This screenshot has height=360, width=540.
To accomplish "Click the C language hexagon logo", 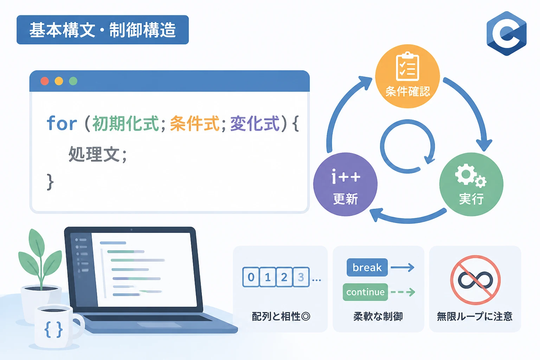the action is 507,33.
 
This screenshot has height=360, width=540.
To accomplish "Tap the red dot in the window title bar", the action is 45,81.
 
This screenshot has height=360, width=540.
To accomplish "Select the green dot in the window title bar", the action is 73,81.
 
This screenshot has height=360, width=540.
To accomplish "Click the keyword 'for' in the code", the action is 62,123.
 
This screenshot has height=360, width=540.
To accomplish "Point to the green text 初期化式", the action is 126,123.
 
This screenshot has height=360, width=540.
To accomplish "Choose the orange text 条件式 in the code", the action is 195,123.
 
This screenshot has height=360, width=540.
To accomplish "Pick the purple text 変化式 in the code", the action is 255,123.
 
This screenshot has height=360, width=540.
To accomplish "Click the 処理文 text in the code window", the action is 94,154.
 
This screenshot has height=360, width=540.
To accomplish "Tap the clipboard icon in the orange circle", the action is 407,66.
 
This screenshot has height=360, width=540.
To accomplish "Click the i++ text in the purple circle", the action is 346,176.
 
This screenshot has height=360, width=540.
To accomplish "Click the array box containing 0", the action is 251,277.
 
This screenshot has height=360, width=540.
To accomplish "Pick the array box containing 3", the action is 301,277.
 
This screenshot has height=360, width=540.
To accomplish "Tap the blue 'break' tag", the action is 367,268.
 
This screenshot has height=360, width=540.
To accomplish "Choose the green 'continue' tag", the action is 365,292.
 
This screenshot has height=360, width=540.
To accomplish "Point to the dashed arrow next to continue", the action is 403,292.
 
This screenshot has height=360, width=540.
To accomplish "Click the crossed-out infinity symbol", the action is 475,280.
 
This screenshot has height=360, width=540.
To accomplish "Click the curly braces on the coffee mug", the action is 53,329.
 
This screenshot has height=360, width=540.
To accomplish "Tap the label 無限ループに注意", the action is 475,316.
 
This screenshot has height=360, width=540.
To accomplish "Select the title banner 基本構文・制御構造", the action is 103,30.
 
